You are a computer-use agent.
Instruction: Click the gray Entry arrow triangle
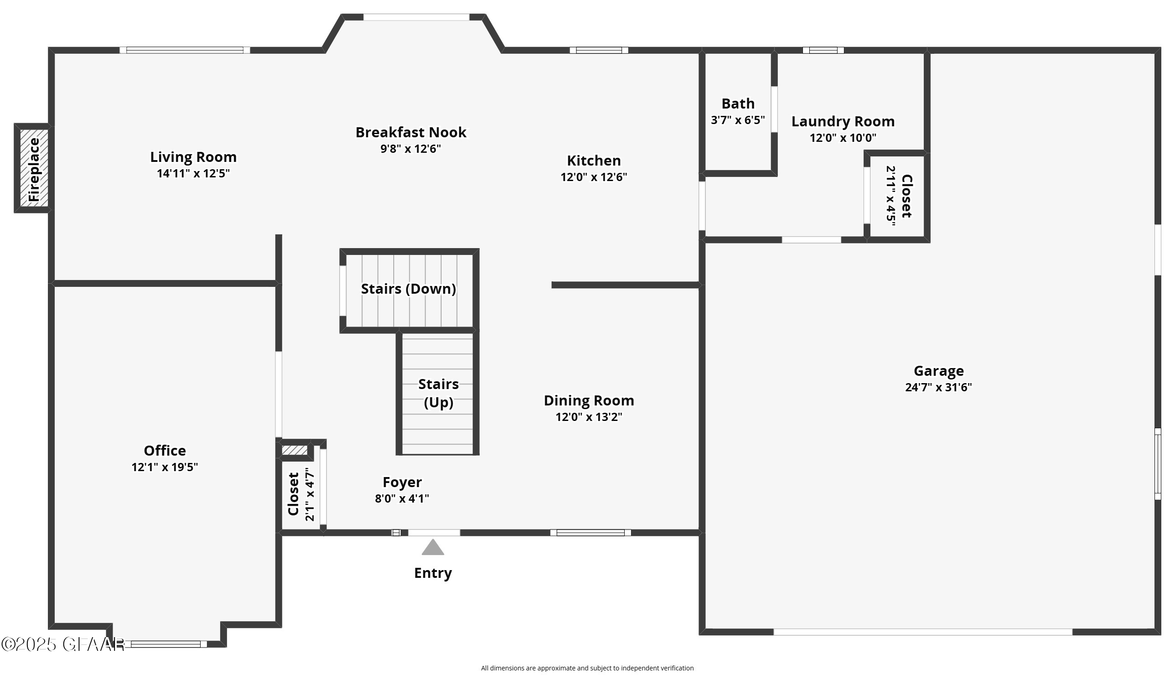433,547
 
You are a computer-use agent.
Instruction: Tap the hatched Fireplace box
34,168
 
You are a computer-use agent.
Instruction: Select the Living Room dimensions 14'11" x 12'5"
193,173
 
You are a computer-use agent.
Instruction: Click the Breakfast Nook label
410,133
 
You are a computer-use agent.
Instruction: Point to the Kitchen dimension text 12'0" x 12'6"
594,177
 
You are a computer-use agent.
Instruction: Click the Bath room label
738,104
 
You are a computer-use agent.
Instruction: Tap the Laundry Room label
842,121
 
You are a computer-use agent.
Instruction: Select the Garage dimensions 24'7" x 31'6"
938,387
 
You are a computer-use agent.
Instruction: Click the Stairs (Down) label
408,289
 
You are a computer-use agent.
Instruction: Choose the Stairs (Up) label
438,393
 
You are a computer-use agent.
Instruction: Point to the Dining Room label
589,400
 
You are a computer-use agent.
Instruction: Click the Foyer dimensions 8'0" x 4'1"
402,498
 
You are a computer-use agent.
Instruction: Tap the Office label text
165,451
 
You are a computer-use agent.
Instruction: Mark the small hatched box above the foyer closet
295,450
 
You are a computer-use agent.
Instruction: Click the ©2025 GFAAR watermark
62,644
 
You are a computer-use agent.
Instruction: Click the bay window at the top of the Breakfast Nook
416,17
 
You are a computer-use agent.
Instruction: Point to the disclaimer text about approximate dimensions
587,668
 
